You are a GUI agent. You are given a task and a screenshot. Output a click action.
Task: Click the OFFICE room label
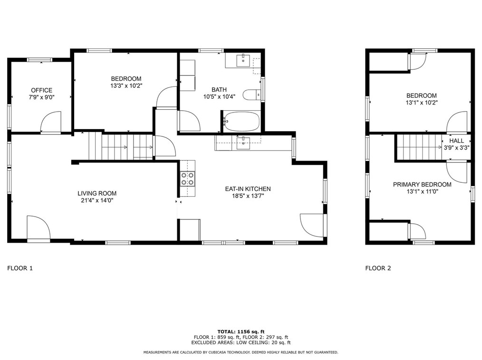click(x=41, y=90)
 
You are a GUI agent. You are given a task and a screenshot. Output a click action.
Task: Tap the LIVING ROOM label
click(x=97, y=193)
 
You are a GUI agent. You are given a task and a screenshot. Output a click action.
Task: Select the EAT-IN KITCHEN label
click(x=248, y=189)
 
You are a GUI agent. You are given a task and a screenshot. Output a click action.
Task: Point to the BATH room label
click(x=219, y=90)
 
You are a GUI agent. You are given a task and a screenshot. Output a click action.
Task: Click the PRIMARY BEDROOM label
click(x=422, y=185)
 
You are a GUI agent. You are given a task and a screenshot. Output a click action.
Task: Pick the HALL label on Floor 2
click(x=456, y=141)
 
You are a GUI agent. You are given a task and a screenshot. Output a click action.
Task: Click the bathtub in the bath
click(x=241, y=121)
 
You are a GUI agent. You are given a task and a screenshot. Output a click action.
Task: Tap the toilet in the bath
click(x=252, y=95)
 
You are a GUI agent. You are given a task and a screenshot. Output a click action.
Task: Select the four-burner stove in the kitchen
click(x=187, y=179)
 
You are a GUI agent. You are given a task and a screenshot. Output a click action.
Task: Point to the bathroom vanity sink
click(x=243, y=60)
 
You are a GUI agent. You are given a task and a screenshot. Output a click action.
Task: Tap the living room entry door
click(x=39, y=227)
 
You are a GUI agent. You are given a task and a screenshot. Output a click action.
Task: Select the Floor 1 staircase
click(x=121, y=147)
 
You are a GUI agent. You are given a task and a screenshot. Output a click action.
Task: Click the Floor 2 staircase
click(x=419, y=147)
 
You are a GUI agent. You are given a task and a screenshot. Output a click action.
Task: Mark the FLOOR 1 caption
click(x=20, y=268)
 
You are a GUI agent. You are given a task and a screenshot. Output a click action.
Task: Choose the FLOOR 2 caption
click(x=378, y=268)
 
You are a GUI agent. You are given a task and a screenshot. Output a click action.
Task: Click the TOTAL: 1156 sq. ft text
click(x=241, y=332)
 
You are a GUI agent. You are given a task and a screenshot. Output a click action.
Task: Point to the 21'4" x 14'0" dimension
click(x=97, y=200)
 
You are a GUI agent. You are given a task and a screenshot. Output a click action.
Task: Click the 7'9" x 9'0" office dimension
click(x=41, y=97)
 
